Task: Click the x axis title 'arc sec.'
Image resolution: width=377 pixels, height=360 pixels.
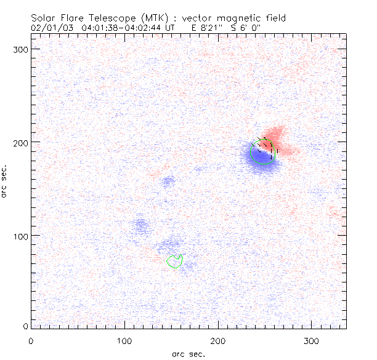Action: click(188, 353)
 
